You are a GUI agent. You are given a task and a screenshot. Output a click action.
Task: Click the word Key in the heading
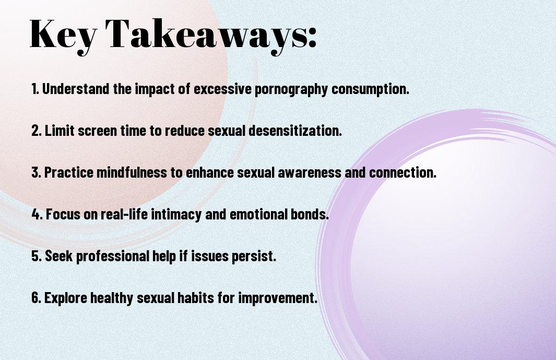click(x=63, y=36)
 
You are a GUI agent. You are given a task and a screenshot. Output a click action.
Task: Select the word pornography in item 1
click(x=291, y=89)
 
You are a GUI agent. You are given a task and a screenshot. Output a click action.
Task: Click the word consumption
click(x=370, y=89)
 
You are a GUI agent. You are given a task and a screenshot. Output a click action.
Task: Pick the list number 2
click(x=37, y=130)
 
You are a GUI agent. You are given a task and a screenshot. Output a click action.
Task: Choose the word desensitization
click(x=295, y=130)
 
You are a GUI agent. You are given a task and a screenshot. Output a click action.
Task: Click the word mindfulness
click(x=132, y=172)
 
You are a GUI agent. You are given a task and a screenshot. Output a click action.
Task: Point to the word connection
click(x=403, y=172)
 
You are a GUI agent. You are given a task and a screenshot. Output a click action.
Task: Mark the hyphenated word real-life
click(x=124, y=214)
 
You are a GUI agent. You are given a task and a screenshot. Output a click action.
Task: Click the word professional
click(x=112, y=256)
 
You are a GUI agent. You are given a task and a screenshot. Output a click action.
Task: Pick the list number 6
click(x=36, y=297)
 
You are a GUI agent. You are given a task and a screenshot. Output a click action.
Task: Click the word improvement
click(x=278, y=297)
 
